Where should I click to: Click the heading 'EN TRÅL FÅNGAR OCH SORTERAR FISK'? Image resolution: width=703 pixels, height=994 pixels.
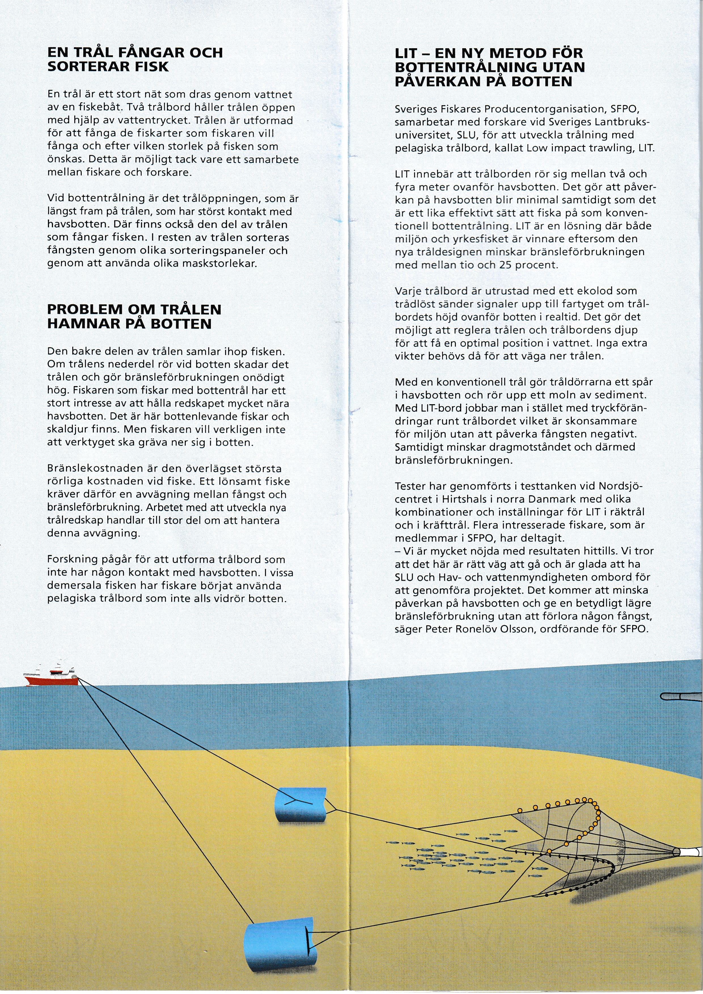[135, 59]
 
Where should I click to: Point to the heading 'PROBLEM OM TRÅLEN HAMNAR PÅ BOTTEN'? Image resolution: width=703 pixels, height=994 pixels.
[134, 317]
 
